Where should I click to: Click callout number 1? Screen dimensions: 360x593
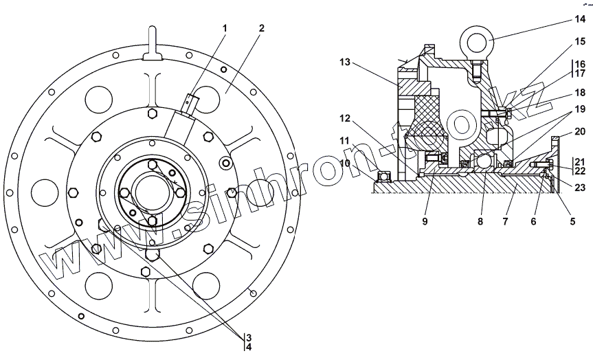[x=225, y=28]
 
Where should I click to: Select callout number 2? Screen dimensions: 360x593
[x=262, y=28]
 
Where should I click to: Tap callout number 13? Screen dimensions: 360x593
[x=344, y=63]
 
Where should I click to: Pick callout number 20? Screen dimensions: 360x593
[x=580, y=131]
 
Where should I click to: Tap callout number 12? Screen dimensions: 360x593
[x=344, y=118]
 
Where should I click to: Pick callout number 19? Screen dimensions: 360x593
[x=580, y=109]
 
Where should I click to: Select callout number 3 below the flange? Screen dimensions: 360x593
[x=249, y=337]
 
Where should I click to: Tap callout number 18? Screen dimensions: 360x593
[x=580, y=91]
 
